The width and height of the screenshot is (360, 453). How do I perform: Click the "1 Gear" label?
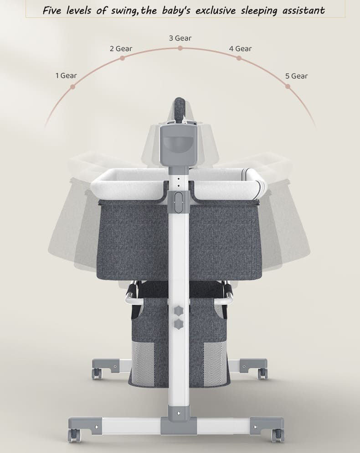66,76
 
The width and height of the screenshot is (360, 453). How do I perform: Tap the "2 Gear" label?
121,49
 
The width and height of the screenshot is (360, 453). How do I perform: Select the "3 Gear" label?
180,38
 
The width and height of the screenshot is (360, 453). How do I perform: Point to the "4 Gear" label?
240,49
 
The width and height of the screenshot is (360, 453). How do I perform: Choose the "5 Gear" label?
297,76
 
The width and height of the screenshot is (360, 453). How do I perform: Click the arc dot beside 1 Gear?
73,87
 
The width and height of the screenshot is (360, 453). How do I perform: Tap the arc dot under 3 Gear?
180,48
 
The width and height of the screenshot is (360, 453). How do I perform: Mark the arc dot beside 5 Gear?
288,86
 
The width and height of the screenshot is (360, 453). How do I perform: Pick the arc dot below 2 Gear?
122,58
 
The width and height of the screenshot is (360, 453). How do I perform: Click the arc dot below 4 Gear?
239,58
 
